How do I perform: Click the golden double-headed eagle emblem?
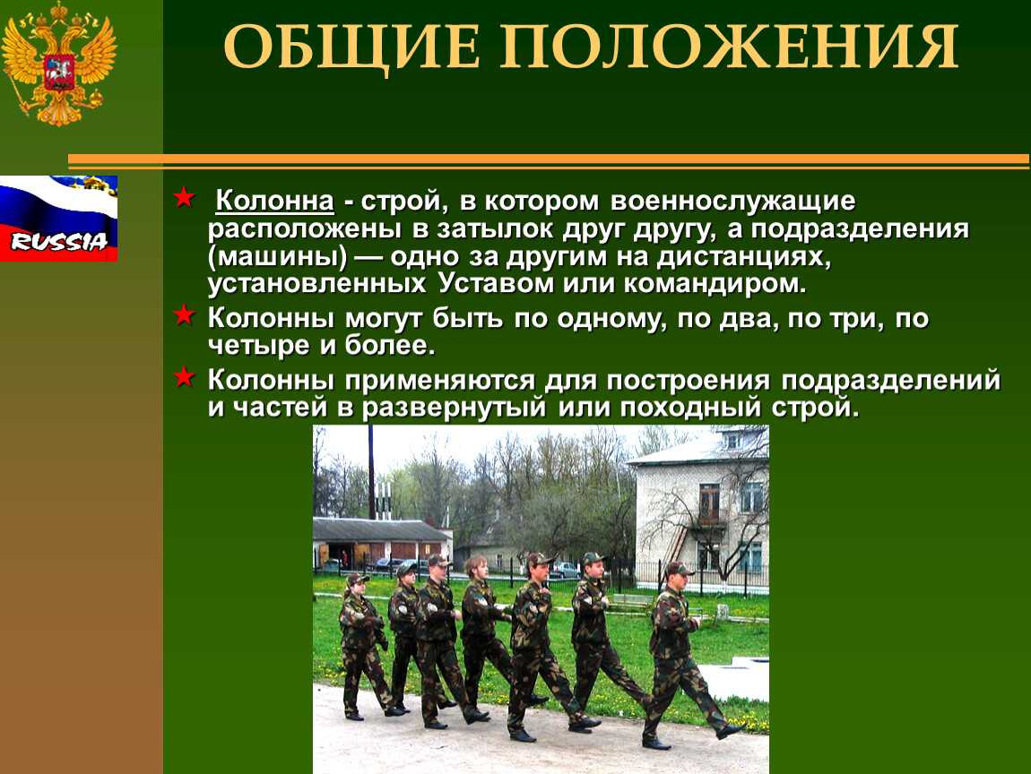click(x=58, y=64)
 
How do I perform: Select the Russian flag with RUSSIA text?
click(x=58, y=219)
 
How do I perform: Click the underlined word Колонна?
click(x=275, y=201)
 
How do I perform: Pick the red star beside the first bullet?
click(x=184, y=197)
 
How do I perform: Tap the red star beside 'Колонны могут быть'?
click(x=184, y=315)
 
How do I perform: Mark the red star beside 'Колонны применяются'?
click(x=184, y=377)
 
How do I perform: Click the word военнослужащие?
click(x=733, y=201)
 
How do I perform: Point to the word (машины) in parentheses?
click(x=278, y=257)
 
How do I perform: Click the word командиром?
click(x=715, y=286)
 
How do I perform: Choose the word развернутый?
click(x=454, y=408)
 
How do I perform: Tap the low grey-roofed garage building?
click(x=381, y=542)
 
